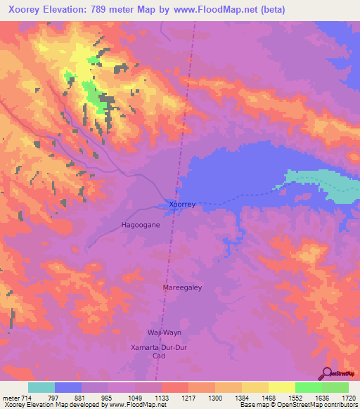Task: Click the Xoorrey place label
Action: tap(181, 204)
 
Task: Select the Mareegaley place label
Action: tap(183, 287)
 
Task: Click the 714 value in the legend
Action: tap(24, 398)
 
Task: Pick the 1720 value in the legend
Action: tap(346, 398)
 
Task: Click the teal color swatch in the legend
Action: tap(41, 387)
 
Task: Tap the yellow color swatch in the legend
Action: tap(282, 387)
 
